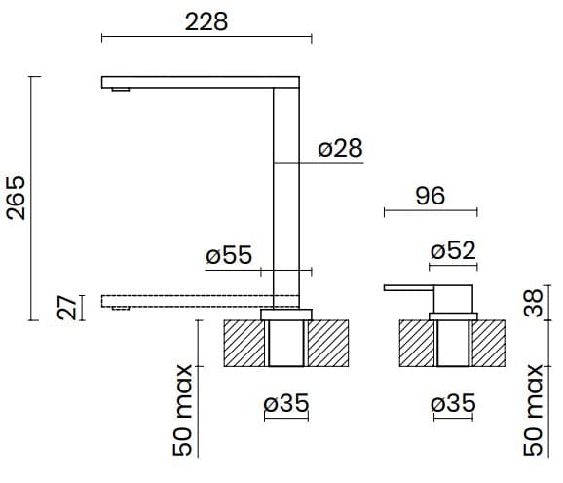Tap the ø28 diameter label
(x=340, y=148)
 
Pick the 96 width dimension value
(x=430, y=196)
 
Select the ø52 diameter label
(x=453, y=250)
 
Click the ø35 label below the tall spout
(x=286, y=404)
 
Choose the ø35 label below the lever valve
(x=453, y=404)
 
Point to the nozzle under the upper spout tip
(x=120, y=91)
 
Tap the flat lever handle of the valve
(x=409, y=288)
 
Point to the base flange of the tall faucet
(x=287, y=312)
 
